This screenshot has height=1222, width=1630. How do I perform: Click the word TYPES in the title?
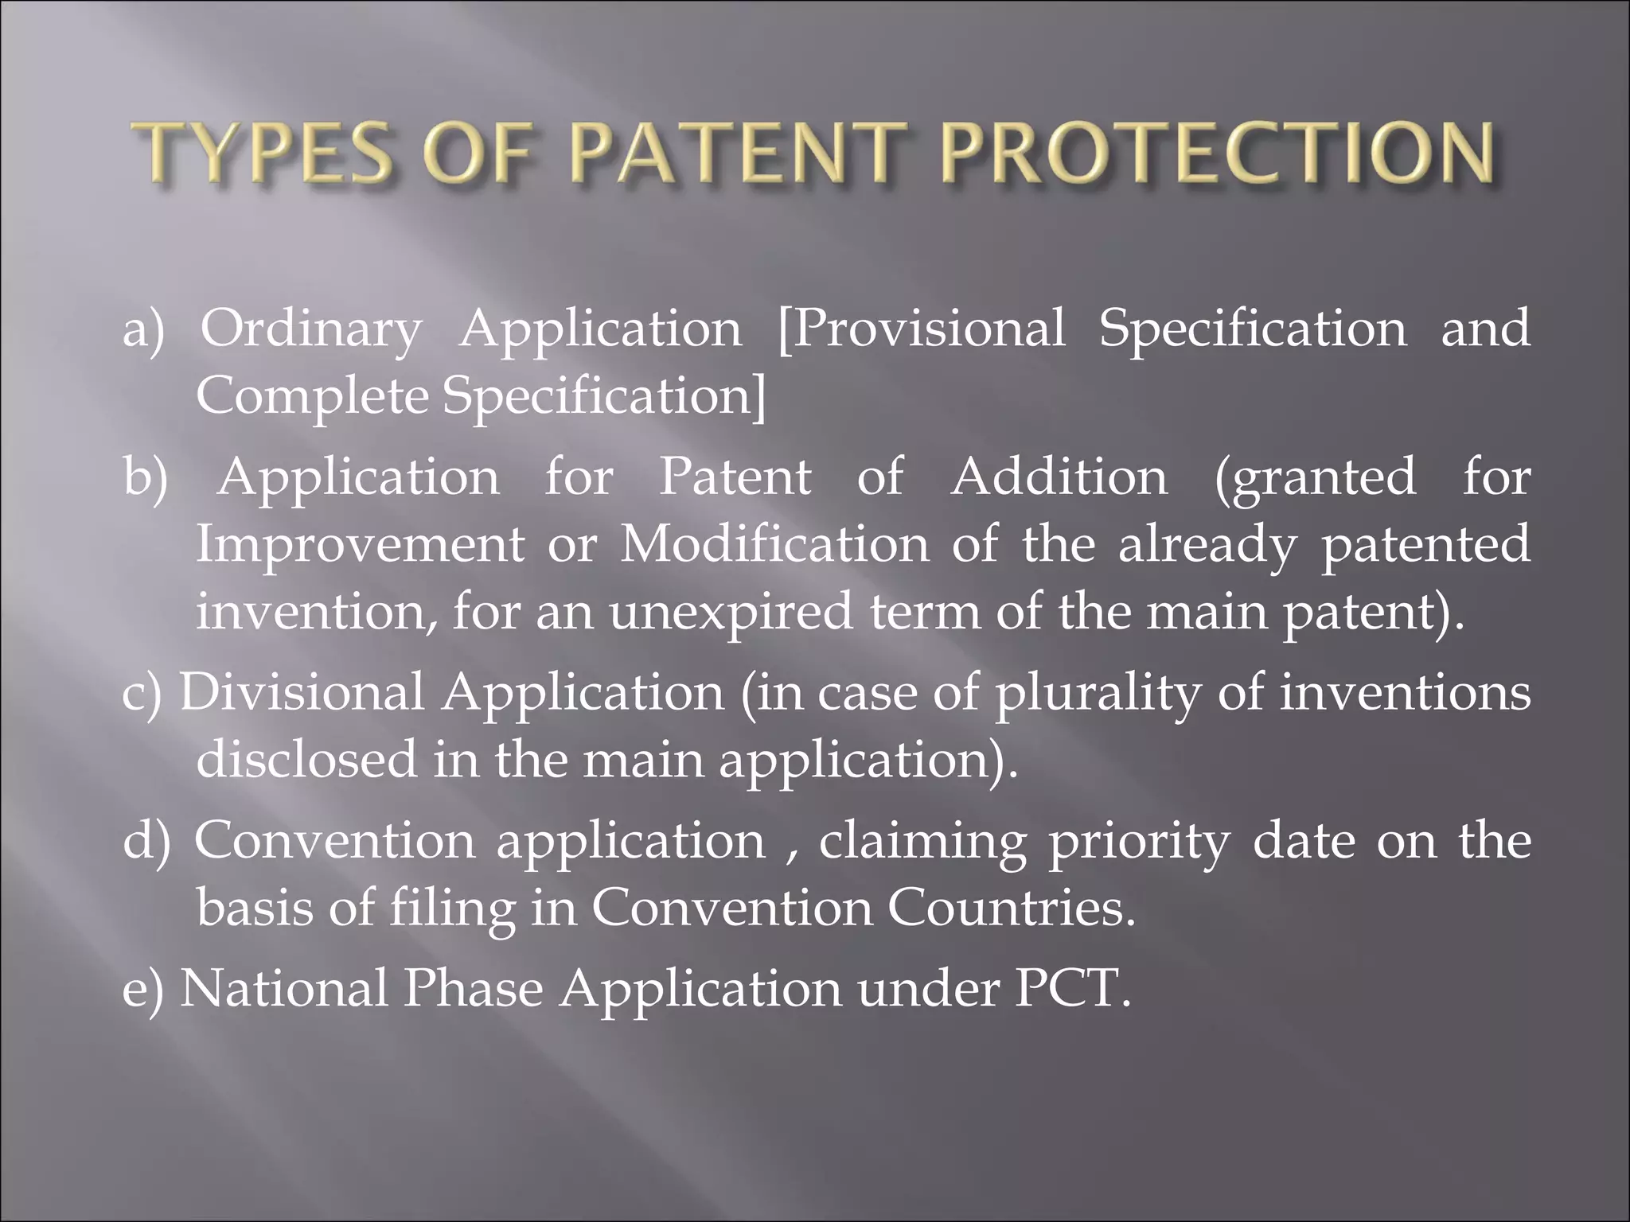pyautogui.click(x=262, y=154)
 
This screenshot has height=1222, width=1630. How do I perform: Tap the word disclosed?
pyautogui.click(x=306, y=760)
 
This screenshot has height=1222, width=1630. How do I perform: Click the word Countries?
pyautogui.click(x=1011, y=908)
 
